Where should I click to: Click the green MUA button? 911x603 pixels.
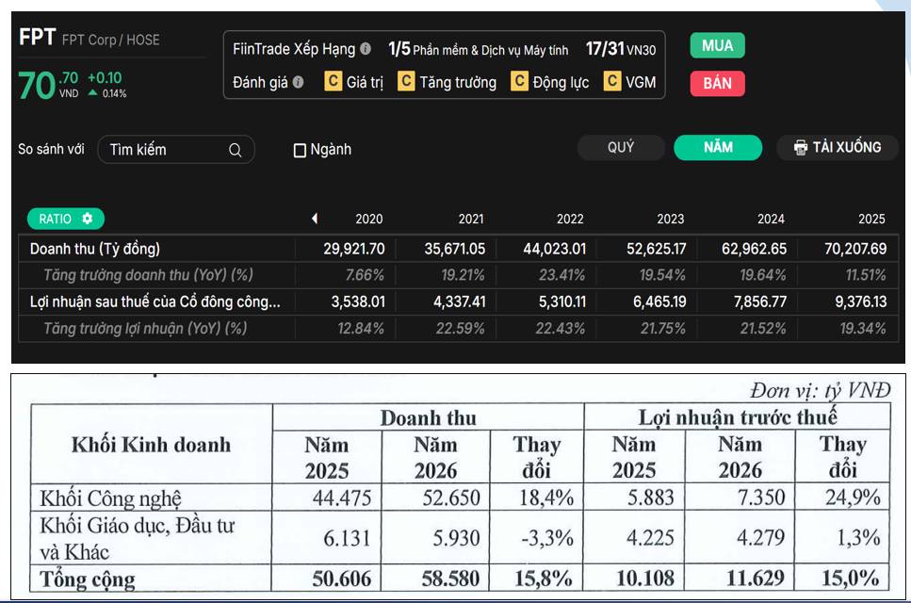click(717, 45)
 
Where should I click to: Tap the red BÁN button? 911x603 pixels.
click(717, 83)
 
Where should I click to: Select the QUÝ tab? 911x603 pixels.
click(621, 148)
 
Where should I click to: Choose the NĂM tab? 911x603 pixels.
click(718, 148)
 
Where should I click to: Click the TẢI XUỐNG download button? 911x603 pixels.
click(838, 148)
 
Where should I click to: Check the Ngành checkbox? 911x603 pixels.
click(300, 151)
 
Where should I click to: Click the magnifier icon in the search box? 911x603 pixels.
click(235, 150)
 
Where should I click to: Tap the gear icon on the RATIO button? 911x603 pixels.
click(88, 219)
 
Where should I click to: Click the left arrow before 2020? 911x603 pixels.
click(315, 219)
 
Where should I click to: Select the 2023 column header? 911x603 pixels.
click(671, 219)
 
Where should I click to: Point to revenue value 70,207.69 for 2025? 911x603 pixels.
click(855, 249)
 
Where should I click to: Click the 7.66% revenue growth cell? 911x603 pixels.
click(365, 275)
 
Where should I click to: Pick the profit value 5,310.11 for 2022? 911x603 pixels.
click(554, 301)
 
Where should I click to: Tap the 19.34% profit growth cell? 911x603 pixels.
click(863, 328)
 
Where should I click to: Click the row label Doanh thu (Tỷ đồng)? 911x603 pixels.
click(95, 249)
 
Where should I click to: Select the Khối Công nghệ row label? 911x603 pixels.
click(110, 498)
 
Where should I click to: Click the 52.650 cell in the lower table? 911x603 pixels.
click(451, 497)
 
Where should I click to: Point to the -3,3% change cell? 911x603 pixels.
click(546, 538)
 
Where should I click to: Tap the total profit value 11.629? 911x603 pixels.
click(755, 578)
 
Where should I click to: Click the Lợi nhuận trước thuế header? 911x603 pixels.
click(738, 417)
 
